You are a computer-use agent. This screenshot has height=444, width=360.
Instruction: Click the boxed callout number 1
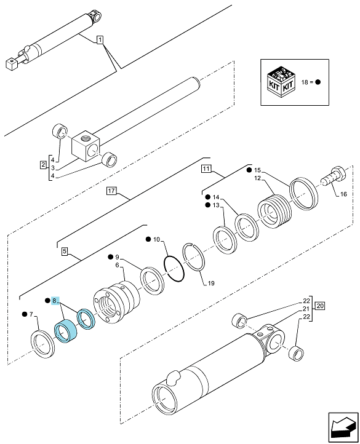100,40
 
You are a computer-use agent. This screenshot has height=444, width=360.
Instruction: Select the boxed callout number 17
111,191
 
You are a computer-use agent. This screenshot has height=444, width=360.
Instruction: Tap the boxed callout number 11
206,168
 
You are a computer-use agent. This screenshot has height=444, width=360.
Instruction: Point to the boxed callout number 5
65,251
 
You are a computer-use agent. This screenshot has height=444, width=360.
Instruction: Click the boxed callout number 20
320,306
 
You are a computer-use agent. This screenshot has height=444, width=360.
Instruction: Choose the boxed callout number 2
43,165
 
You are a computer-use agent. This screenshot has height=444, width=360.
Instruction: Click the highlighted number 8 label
55,300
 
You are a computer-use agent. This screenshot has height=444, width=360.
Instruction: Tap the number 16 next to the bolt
343,194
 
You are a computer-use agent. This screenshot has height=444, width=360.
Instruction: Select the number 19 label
211,283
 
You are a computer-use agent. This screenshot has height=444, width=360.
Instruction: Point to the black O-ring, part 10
174,269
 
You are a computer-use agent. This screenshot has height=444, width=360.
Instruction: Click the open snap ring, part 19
194,257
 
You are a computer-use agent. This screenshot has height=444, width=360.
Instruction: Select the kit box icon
281,82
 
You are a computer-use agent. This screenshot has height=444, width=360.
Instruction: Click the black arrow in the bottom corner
343,427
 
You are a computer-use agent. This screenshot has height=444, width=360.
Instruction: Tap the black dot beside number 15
249,170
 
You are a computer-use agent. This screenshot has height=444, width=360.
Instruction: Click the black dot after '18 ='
318,82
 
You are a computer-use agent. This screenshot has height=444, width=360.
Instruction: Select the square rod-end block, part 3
86,146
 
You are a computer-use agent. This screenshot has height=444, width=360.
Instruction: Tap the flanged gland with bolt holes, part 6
116,303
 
